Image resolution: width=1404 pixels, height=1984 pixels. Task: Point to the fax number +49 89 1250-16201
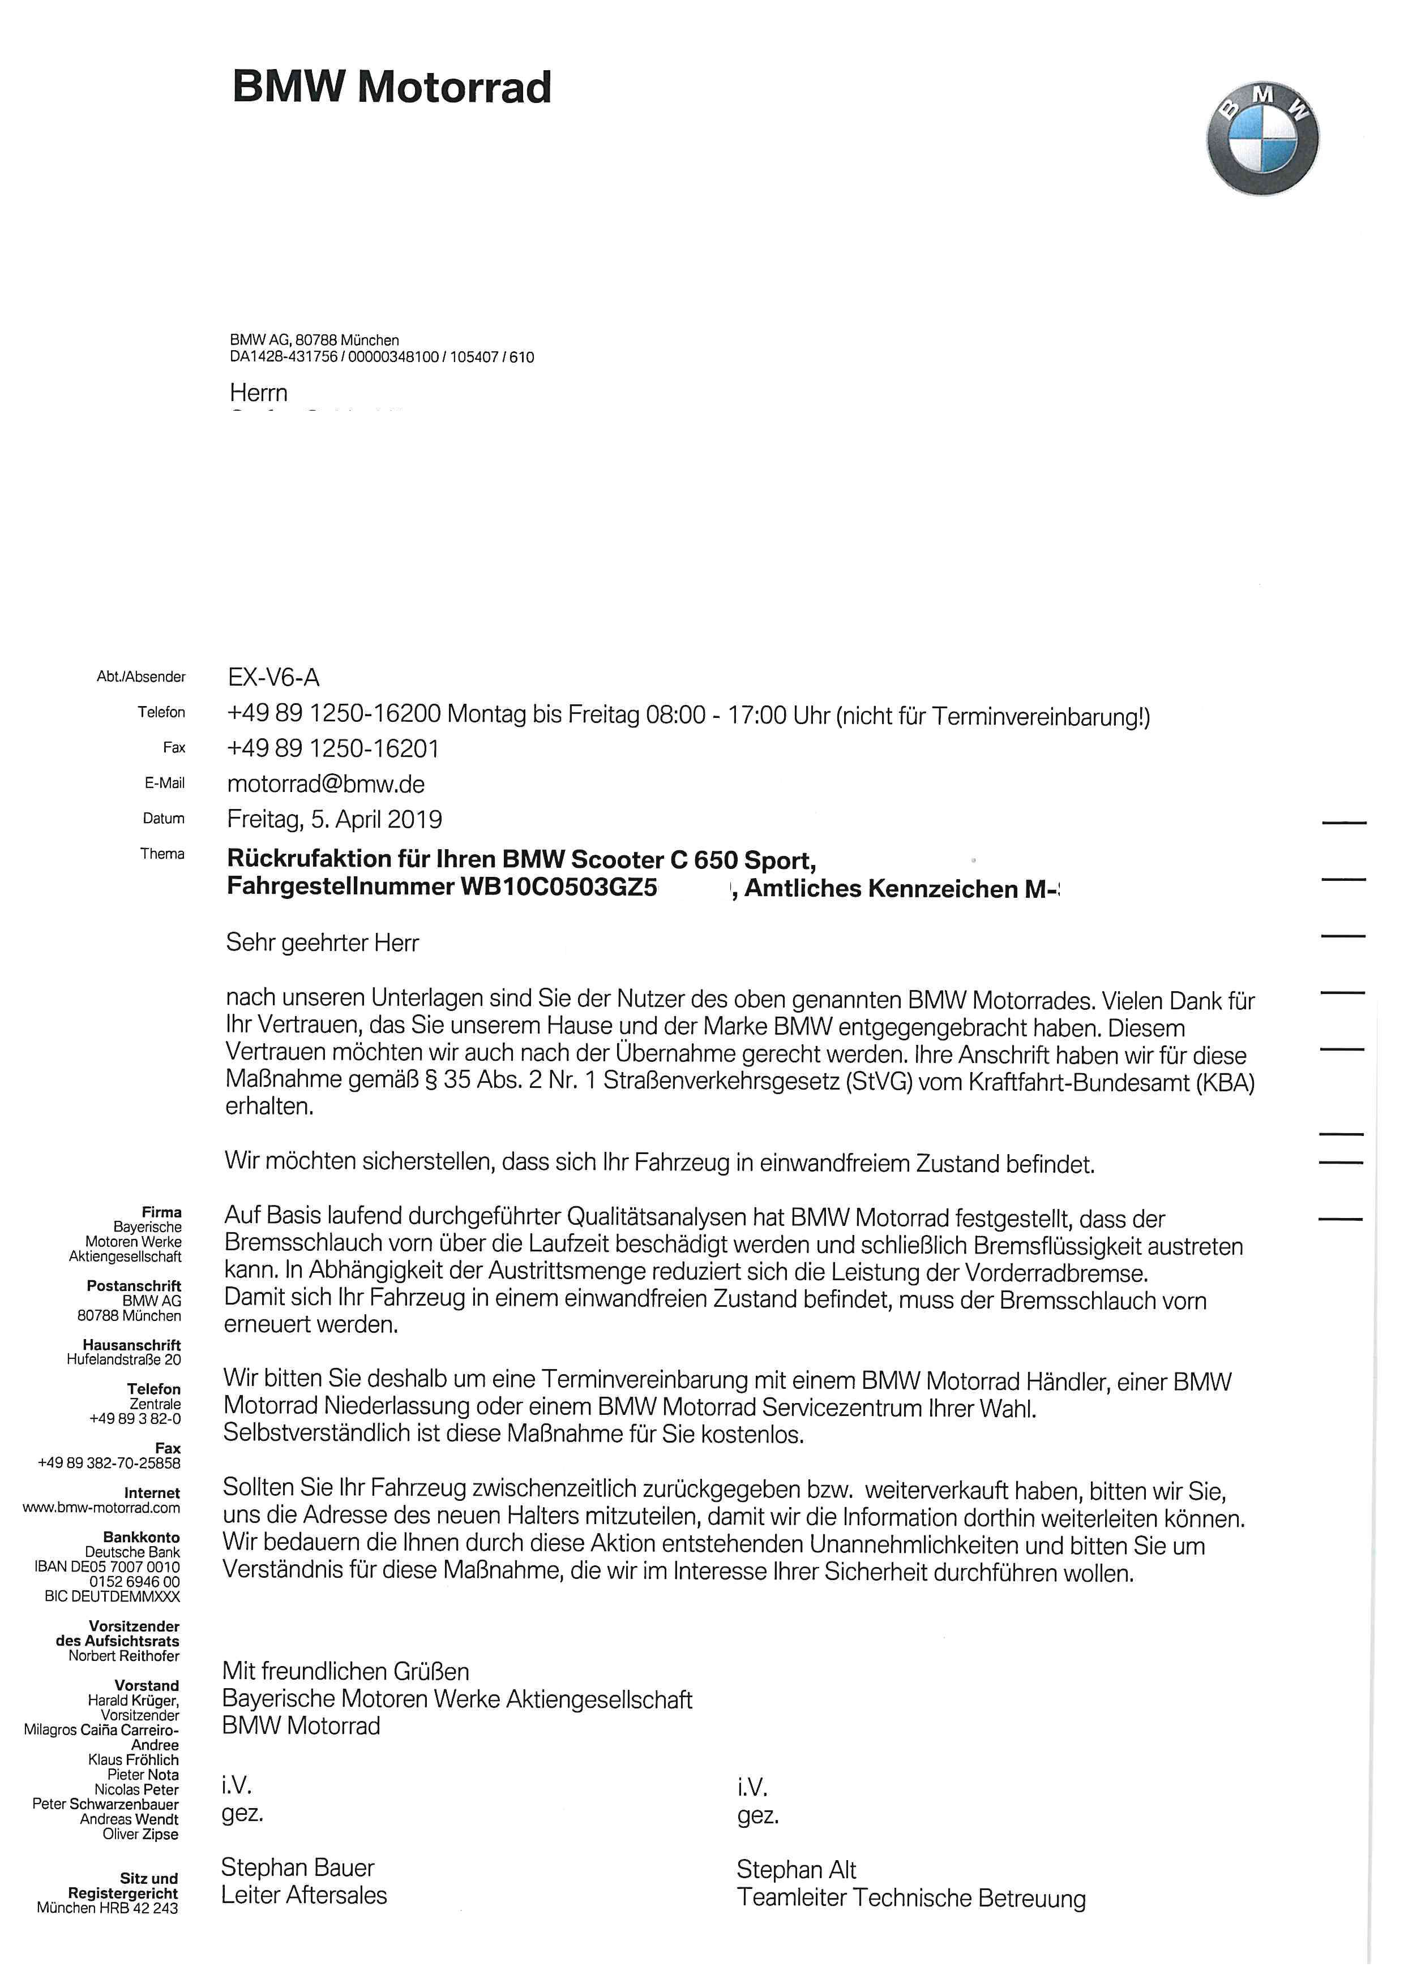(333, 748)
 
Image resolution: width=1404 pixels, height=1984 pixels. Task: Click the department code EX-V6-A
(273, 678)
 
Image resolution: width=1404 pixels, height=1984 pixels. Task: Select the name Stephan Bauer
(297, 1867)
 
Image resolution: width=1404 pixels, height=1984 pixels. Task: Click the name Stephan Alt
(795, 1870)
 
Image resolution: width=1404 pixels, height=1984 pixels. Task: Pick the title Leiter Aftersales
(303, 1895)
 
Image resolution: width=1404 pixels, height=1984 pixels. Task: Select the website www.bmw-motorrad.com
(101, 1508)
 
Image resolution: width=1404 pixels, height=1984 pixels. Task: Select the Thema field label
(162, 854)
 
